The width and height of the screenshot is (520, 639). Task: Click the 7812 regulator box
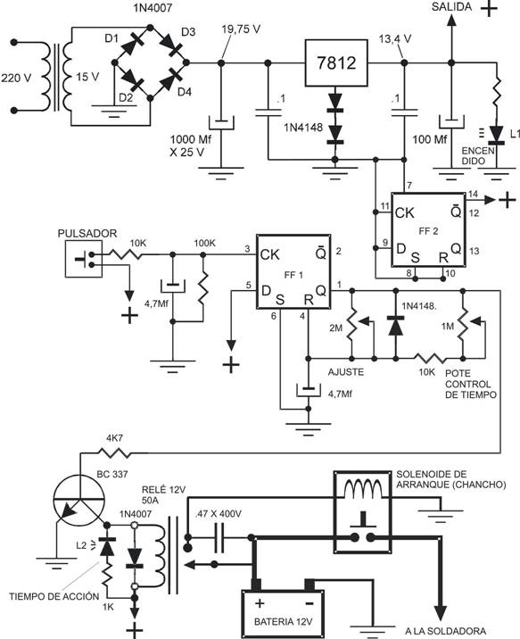pyautogui.click(x=336, y=62)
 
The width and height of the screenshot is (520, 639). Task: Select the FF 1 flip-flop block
pyautogui.click(x=293, y=272)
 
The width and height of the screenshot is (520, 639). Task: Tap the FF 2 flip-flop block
pyautogui.click(x=429, y=230)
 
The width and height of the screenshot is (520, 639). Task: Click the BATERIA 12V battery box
pyautogui.click(x=282, y=614)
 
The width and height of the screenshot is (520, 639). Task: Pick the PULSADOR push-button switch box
pyautogui.click(x=84, y=259)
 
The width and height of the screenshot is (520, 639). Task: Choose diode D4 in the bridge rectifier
pyautogui.click(x=169, y=80)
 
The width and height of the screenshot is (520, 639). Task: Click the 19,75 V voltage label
pyautogui.click(x=241, y=29)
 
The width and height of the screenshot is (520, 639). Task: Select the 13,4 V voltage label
pyautogui.click(x=395, y=39)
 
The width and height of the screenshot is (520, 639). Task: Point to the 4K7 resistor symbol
pyautogui.click(x=114, y=452)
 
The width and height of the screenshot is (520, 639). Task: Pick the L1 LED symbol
pyautogui.click(x=496, y=136)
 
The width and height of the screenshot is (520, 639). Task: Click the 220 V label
pyautogui.click(x=16, y=78)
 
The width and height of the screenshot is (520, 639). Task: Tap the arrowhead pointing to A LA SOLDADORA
pyautogui.click(x=441, y=611)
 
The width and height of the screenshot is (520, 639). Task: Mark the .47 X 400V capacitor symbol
pyautogui.click(x=219, y=538)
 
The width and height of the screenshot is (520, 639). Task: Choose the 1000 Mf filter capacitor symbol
pyautogui.click(x=221, y=123)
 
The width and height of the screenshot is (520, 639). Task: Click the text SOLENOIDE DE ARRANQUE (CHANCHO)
pyautogui.click(x=451, y=479)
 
